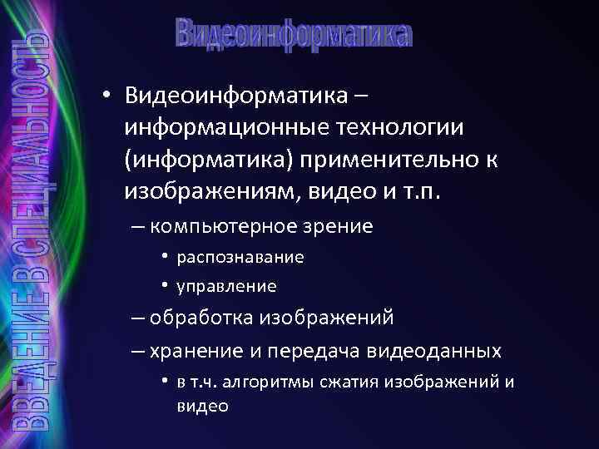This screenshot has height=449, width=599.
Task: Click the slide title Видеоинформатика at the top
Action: pyautogui.click(x=294, y=34)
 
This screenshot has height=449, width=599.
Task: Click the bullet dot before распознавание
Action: pyautogui.click(x=166, y=257)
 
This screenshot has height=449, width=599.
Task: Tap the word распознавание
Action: pyautogui.click(x=240, y=258)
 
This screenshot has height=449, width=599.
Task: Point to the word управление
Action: pyautogui.click(x=226, y=287)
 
